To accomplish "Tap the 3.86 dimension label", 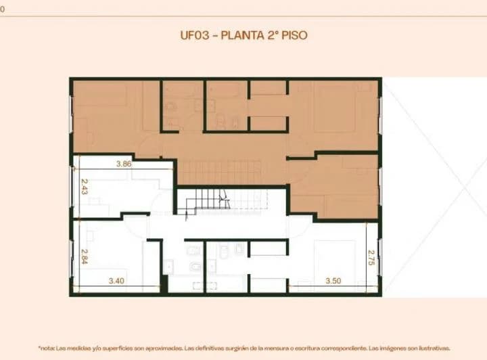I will click(123, 164).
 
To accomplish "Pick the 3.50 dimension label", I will click(333, 279).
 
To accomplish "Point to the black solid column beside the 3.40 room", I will click(164, 284).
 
